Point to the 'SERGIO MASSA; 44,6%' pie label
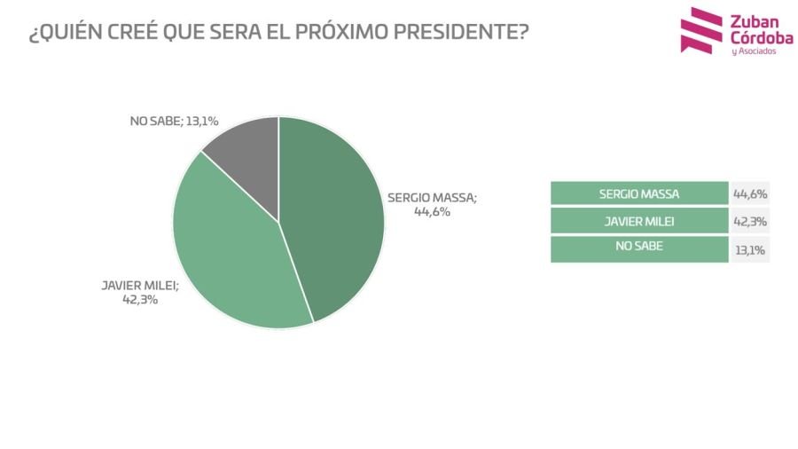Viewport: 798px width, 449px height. [x=432, y=205]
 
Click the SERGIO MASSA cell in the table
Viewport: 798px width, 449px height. [x=638, y=193]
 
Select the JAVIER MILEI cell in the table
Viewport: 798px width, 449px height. [x=638, y=221]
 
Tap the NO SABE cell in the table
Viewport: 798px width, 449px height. [x=638, y=248]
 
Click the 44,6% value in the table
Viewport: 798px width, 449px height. [x=750, y=193]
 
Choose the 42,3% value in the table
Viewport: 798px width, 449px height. [x=750, y=221]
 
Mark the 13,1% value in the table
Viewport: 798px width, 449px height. [x=750, y=249]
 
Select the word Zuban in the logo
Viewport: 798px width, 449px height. [x=752, y=20]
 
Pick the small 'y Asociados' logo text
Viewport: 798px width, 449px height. [x=753, y=52]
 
